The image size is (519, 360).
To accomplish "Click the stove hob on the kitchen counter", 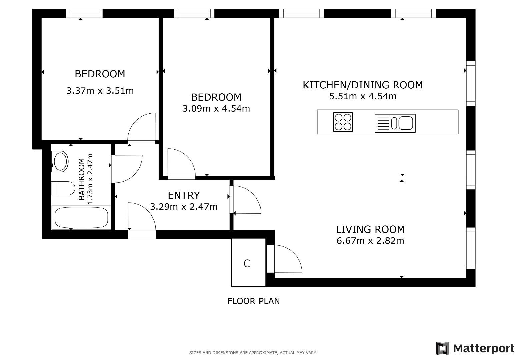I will pyautogui.click(x=343, y=122).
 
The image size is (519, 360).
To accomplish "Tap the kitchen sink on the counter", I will pyautogui.click(x=395, y=123).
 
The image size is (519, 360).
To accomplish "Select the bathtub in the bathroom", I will pyautogui.click(x=81, y=217).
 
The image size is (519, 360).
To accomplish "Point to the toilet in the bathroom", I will pyautogui.click(x=63, y=188).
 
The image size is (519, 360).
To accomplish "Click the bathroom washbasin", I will pyautogui.click(x=60, y=161).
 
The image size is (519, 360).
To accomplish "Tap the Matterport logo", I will pyautogui.click(x=475, y=349).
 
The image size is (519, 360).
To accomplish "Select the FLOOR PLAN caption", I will pyautogui.click(x=253, y=301).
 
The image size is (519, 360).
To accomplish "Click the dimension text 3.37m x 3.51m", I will pyautogui.click(x=100, y=91).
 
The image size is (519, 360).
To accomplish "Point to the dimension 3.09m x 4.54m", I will pyautogui.click(x=216, y=109).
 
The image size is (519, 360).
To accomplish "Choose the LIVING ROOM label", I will pyautogui.click(x=370, y=229).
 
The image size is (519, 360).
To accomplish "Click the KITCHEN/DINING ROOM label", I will pyautogui.click(x=362, y=85).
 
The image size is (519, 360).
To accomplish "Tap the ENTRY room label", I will pyautogui.click(x=184, y=195).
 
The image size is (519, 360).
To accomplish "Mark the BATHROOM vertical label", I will pyautogui.click(x=82, y=179).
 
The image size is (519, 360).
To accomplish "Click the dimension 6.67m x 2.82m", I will pyautogui.click(x=370, y=241).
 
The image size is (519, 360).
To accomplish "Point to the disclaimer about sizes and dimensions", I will pyautogui.click(x=253, y=353).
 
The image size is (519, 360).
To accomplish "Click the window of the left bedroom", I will pyautogui.click(x=84, y=13).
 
